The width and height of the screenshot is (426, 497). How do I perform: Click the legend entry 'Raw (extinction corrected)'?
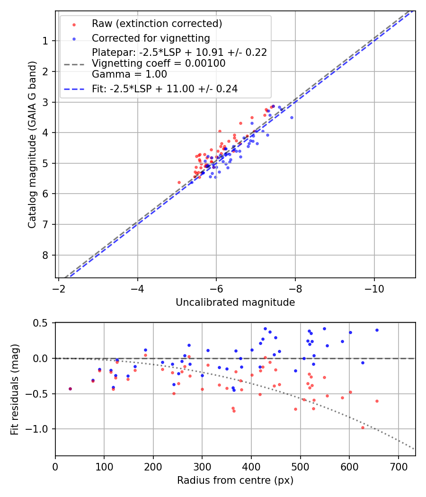click(157, 24)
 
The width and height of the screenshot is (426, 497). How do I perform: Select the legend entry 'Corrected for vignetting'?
click(151, 38)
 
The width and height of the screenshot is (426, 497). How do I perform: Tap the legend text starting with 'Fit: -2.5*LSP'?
click(164, 89)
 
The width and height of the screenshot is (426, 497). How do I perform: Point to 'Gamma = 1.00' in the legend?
click(129, 74)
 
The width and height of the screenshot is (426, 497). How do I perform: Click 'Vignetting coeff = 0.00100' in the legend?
click(159, 63)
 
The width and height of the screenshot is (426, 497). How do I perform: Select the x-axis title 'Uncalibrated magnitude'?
click(235, 302)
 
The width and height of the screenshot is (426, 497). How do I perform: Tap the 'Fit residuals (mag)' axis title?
click(15, 389)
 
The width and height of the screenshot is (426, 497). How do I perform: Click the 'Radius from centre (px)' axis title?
click(235, 480)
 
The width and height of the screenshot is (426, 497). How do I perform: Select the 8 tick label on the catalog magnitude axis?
click(45, 255)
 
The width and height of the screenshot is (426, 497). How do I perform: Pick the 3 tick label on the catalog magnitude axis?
click(45, 102)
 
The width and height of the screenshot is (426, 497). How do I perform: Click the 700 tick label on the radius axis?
click(398, 467)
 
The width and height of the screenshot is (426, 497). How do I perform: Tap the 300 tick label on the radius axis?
click(202, 467)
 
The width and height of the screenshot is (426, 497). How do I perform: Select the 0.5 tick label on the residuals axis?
click(42, 323)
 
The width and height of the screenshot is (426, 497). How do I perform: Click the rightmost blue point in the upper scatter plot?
click(292, 117)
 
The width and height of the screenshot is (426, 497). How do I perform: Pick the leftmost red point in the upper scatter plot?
click(179, 182)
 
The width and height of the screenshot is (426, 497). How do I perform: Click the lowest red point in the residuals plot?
click(363, 427)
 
